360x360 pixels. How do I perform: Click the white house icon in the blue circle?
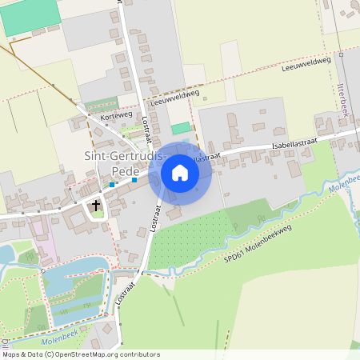[x=180, y=173]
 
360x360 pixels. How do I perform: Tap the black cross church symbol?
[x=97, y=206]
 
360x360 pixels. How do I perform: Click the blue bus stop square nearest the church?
[x=113, y=184]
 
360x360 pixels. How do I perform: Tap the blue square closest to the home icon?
[x=134, y=180]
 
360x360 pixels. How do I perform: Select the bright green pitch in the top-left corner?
[x=30, y=17]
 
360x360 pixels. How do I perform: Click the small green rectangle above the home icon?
[x=182, y=128]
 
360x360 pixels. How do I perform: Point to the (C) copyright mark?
[x=49, y=354]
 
